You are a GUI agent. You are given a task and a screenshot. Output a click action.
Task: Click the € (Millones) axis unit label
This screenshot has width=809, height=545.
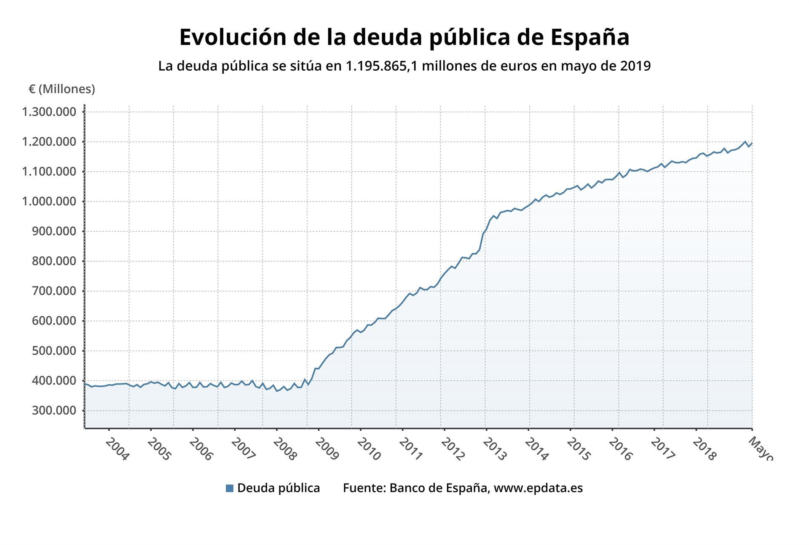62,89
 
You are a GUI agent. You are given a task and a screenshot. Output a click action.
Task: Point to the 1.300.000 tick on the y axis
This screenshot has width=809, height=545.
49,112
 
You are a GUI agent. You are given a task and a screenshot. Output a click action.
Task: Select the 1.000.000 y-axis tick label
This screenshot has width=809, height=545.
49,201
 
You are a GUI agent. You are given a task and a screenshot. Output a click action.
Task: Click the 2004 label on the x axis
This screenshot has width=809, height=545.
117,449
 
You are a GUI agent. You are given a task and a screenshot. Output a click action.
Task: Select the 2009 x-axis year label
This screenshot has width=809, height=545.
327,449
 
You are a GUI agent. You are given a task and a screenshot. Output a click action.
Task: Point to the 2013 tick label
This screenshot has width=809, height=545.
494,449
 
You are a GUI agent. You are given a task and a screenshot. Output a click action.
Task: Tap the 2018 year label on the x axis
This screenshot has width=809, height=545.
704,449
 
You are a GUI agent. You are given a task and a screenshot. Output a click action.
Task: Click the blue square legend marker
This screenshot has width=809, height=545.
230,488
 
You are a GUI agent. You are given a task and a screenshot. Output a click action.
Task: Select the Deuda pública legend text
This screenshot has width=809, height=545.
279,488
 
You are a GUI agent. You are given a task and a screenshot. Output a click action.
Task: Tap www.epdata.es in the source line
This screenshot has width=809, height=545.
538,488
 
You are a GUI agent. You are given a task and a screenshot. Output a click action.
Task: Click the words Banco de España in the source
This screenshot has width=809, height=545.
439,488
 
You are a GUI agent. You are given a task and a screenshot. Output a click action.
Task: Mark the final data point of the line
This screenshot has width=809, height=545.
752,143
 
